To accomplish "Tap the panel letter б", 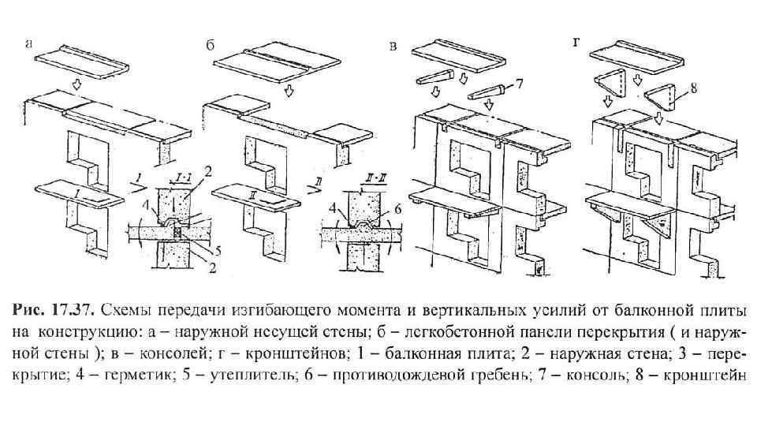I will pos(211,46).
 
